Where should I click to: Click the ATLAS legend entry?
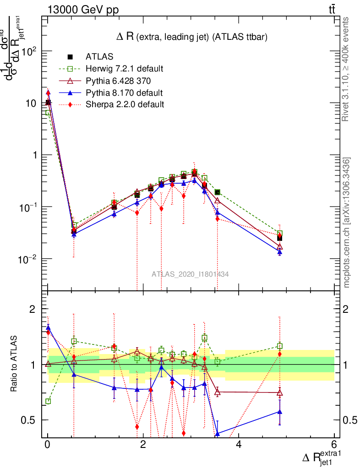99,57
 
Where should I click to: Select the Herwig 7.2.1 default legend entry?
124,69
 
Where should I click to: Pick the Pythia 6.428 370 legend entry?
118,81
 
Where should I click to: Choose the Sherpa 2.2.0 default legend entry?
125,104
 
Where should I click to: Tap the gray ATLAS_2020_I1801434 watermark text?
190,274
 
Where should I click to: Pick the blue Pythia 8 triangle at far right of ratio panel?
280,411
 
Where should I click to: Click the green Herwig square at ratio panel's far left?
48,401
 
